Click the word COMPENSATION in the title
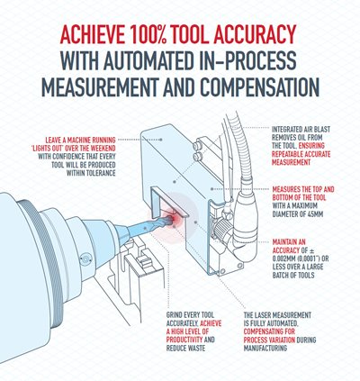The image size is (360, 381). coord(260,86)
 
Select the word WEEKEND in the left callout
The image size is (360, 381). coord(102,149)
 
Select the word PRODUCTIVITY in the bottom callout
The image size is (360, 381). coord(184,340)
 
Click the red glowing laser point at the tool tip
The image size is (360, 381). coord(174,218)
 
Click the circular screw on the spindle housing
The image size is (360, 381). coord(85,259)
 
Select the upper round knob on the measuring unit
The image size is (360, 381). coord(197,146)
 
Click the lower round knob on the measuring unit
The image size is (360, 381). coord(197,157)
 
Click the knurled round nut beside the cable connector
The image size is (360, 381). coord(220,229)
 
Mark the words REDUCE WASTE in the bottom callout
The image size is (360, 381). coord(186,349)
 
